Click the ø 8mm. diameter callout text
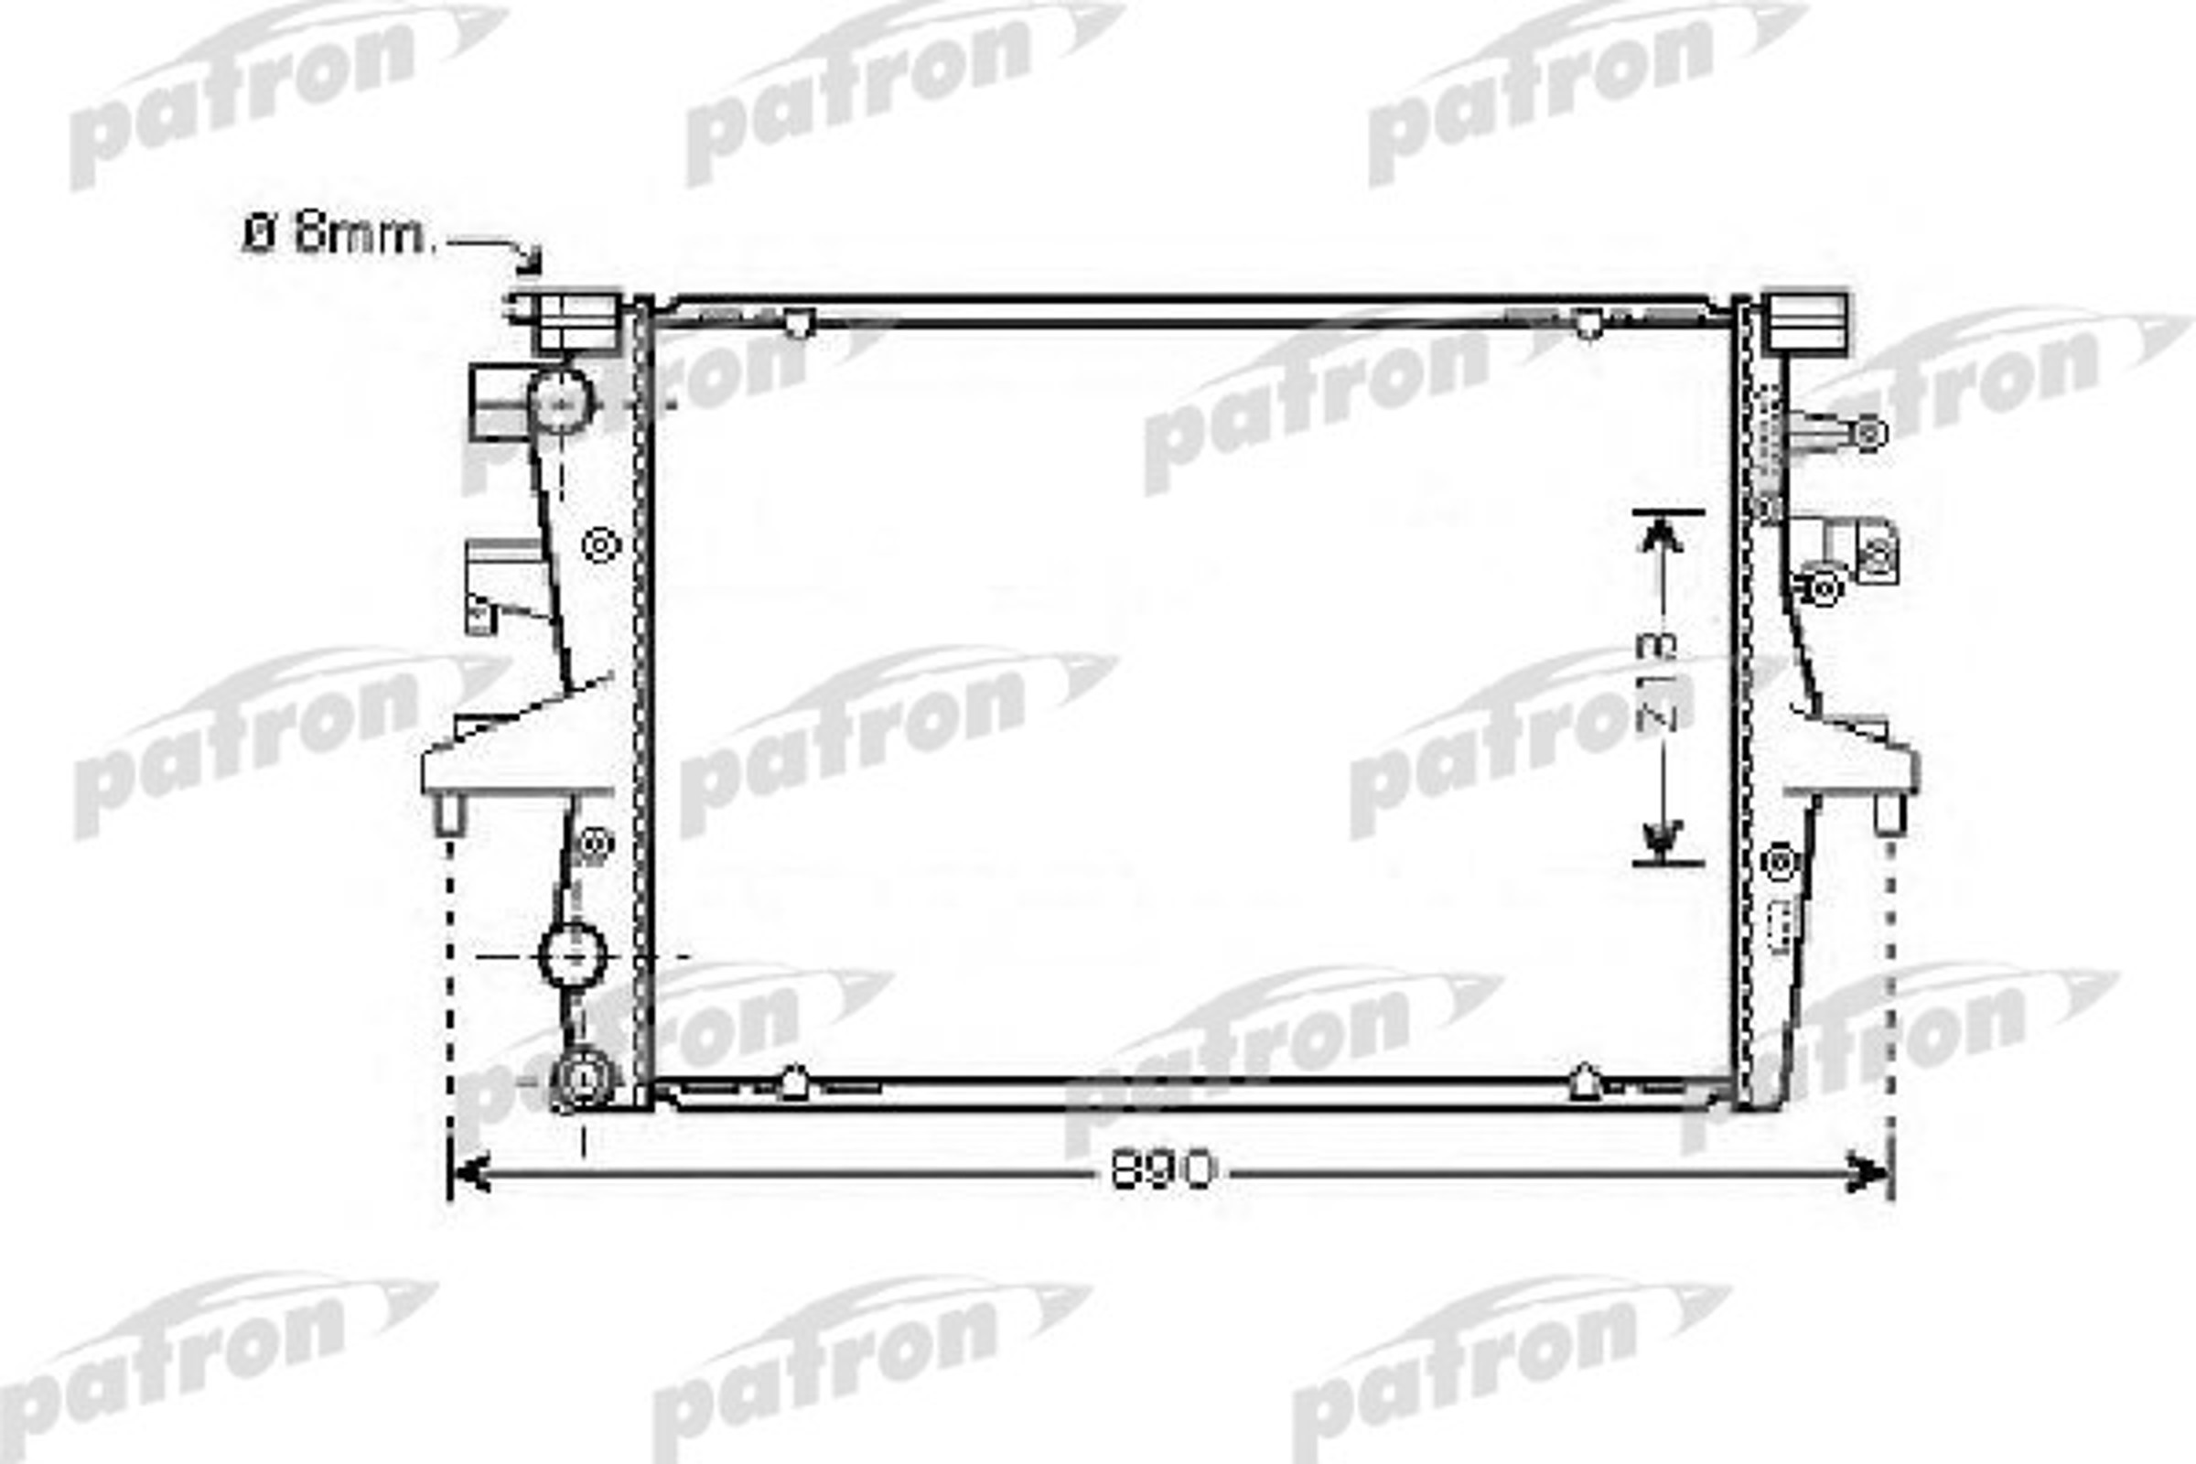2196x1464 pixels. pyautogui.click(x=339, y=236)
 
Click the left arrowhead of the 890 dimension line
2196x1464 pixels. pyautogui.click(x=469, y=1174)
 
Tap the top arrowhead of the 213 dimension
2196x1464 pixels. pyautogui.click(x=1663, y=535)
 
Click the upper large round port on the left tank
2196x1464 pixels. pyautogui.click(x=560, y=402)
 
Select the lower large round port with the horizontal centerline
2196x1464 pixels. pyautogui.click(x=574, y=956)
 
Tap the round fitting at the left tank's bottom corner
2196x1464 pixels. pyautogui.click(x=584, y=1079)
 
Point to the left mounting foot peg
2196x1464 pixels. pyautogui.click(x=451, y=813)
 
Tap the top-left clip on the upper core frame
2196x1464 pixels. pyautogui.click(x=797, y=323)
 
